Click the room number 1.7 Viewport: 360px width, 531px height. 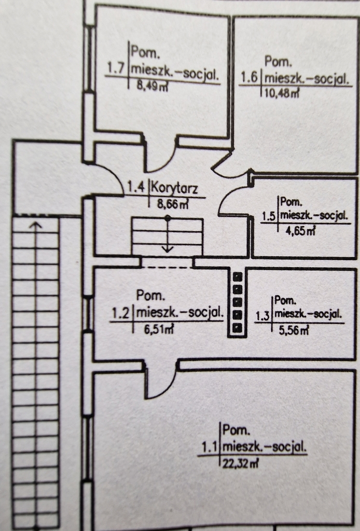(x=116, y=67)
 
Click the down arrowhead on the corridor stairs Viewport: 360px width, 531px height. (x=167, y=249)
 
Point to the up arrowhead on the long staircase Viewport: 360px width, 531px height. (x=35, y=225)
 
